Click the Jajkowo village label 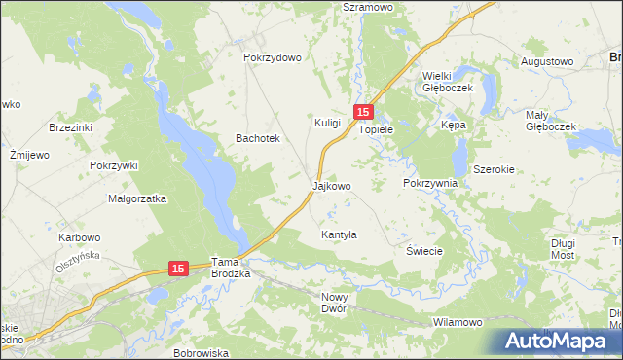click(x=331, y=185)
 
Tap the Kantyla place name click(x=340, y=235)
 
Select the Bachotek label click(x=258, y=139)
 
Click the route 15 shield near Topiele click(x=362, y=113)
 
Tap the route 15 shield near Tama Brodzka click(x=177, y=268)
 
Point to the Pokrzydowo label click(x=273, y=57)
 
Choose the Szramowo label click(x=367, y=6)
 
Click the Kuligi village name click(x=327, y=124)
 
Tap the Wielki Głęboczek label click(x=447, y=81)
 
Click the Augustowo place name click(x=546, y=61)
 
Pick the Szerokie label click(x=494, y=169)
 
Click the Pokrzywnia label click(x=429, y=183)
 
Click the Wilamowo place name click(x=457, y=322)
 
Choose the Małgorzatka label click(x=137, y=198)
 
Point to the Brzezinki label click(x=70, y=127)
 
